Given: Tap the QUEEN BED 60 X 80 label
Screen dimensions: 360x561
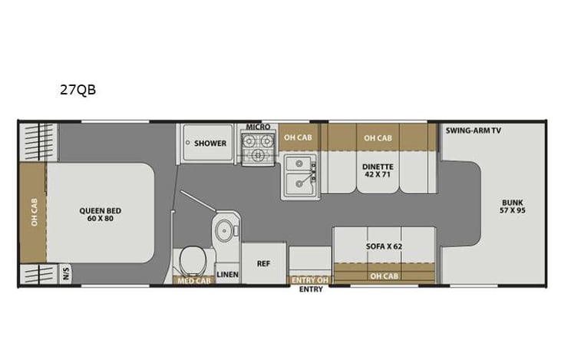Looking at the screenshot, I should click(x=100, y=215).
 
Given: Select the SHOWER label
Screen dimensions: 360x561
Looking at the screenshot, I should click(x=210, y=144).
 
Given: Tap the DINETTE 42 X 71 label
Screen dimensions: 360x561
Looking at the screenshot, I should click(x=378, y=170).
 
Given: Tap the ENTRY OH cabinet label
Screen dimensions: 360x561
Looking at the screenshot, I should click(x=309, y=280).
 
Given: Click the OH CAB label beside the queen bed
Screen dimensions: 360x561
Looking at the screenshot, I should click(x=34, y=214).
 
